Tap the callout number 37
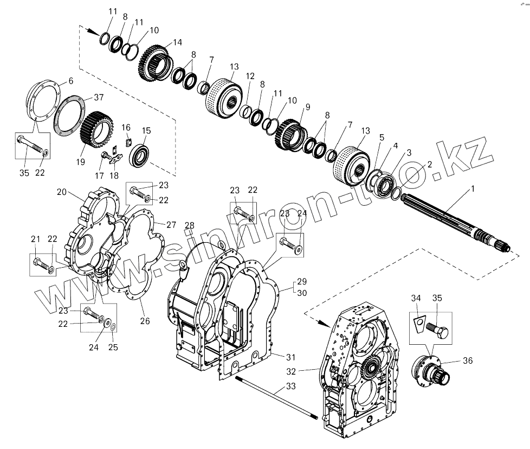click(x=98, y=98)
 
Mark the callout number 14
click(x=178, y=42)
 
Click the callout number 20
click(x=61, y=192)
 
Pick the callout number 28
click(x=189, y=225)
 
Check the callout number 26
click(x=145, y=321)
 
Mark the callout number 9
click(x=307, y=107)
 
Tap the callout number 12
click(x=250, y=76)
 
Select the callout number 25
click(x=114, y=347)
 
